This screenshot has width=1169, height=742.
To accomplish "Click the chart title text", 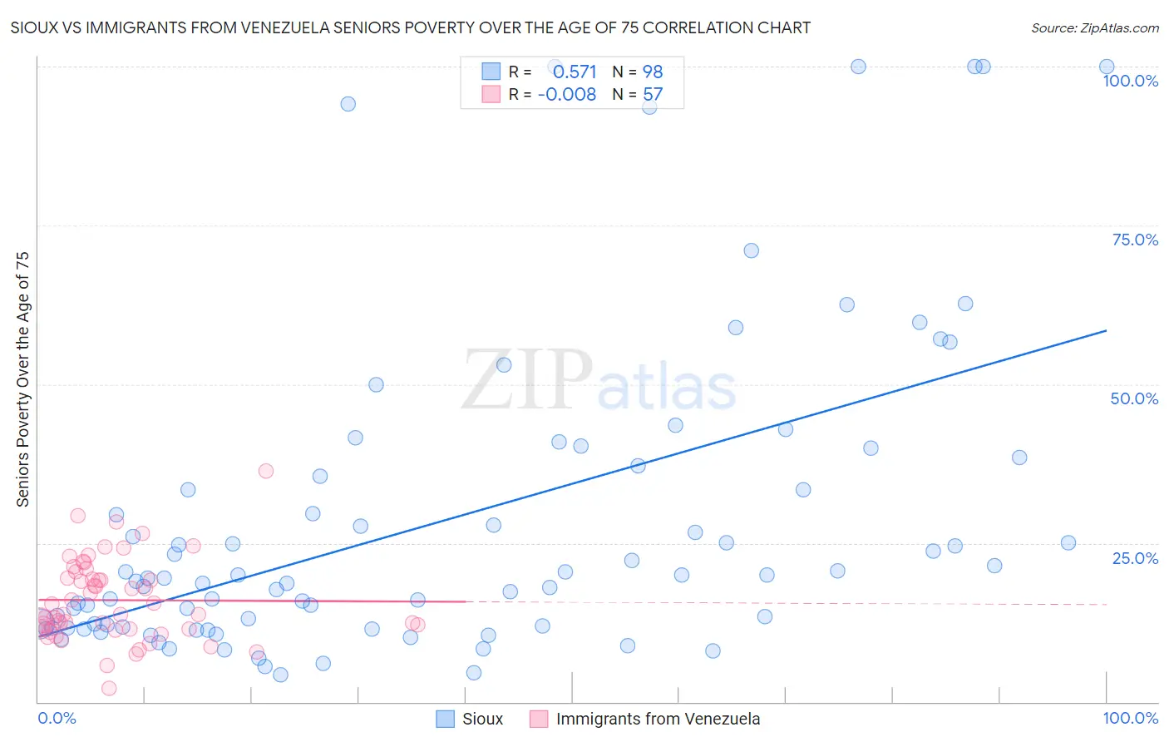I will coord(410,27).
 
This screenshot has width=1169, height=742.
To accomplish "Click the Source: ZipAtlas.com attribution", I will coord(1094,27).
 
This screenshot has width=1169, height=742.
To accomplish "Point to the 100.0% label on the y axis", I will coord(1130,81).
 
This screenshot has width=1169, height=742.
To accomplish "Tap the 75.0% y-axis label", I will coord(1135,240).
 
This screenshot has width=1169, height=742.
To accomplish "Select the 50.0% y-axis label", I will coord(1134,398).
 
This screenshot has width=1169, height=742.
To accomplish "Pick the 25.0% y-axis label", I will coord(1135,557).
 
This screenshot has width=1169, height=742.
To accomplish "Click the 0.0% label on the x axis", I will coord(57,718).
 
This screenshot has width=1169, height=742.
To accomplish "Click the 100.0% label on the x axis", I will coord(1130,718).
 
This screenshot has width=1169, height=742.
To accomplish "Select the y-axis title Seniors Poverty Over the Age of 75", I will coord(23,378).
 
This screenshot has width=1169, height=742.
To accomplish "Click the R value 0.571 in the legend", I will coord(575,72).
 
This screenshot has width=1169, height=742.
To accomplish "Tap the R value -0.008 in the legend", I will coord(567,94).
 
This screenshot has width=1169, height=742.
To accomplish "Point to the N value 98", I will coord(653,72).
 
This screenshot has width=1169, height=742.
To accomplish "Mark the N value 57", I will coord(653,94).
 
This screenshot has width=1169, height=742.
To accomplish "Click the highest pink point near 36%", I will coord(266,471).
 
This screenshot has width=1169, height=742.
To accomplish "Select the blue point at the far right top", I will coord(1107,67).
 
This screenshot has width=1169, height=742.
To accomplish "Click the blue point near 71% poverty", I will coord(751,250).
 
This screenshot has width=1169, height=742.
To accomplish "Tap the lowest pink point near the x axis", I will coord(109,688).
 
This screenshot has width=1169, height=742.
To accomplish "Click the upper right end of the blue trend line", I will coord(1106,331).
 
